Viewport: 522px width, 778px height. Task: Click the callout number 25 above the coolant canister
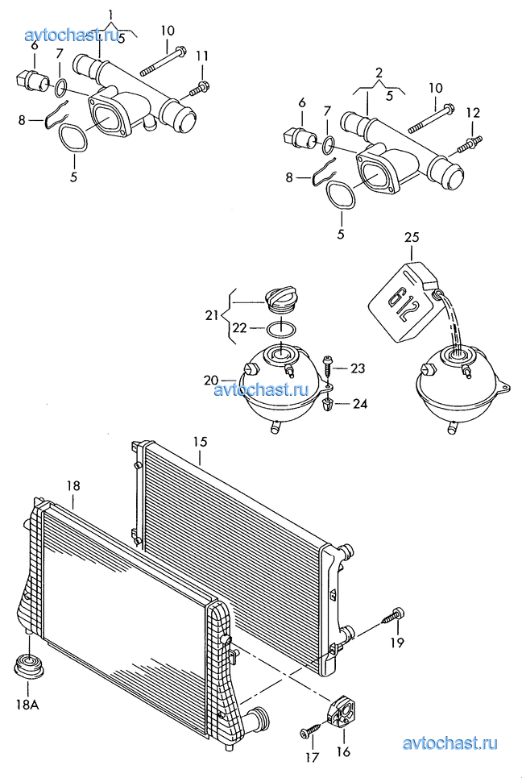(412, 238)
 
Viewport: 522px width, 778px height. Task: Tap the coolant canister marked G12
(405, 302)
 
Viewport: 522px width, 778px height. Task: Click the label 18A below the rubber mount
(27, 705)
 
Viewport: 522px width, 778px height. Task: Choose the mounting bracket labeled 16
(341, 713)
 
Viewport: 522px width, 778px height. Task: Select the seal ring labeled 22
(282, 328)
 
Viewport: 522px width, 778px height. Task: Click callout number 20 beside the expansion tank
(211, 381)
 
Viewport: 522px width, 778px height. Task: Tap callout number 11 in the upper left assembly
(201, 56)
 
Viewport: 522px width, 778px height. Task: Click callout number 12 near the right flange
(474, 113)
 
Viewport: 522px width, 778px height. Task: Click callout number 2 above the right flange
(379, 73)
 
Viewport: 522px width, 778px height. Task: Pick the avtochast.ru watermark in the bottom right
(450, 743)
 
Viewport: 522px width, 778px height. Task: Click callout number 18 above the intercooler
(73, 486)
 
